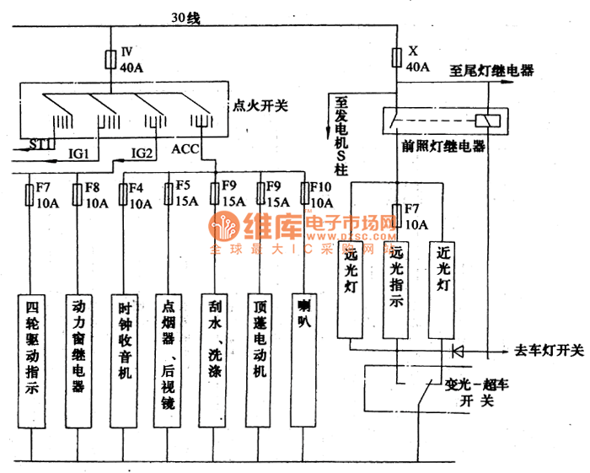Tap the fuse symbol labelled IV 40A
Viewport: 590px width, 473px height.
pyautogui.click(x=110, y=59)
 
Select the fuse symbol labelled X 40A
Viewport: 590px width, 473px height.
pyautogui.click(x=396, y=58)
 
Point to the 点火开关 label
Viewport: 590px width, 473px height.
pyautogui.click(x=259, y=106)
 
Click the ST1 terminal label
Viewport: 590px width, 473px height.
pyautogui.click(x=42, y=145)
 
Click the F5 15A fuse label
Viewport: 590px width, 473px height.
pyautogui.click(x=184, y=195)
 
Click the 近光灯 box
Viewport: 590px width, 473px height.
pyautogui.click(x=442, y=291)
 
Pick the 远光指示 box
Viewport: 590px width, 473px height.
pyautogui.click(x=396, y=291)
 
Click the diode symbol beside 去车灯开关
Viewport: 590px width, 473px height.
pyautogui.click(x=458, y=349)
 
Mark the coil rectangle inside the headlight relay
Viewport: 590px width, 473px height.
pyautogui.click(x=486, y=121)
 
